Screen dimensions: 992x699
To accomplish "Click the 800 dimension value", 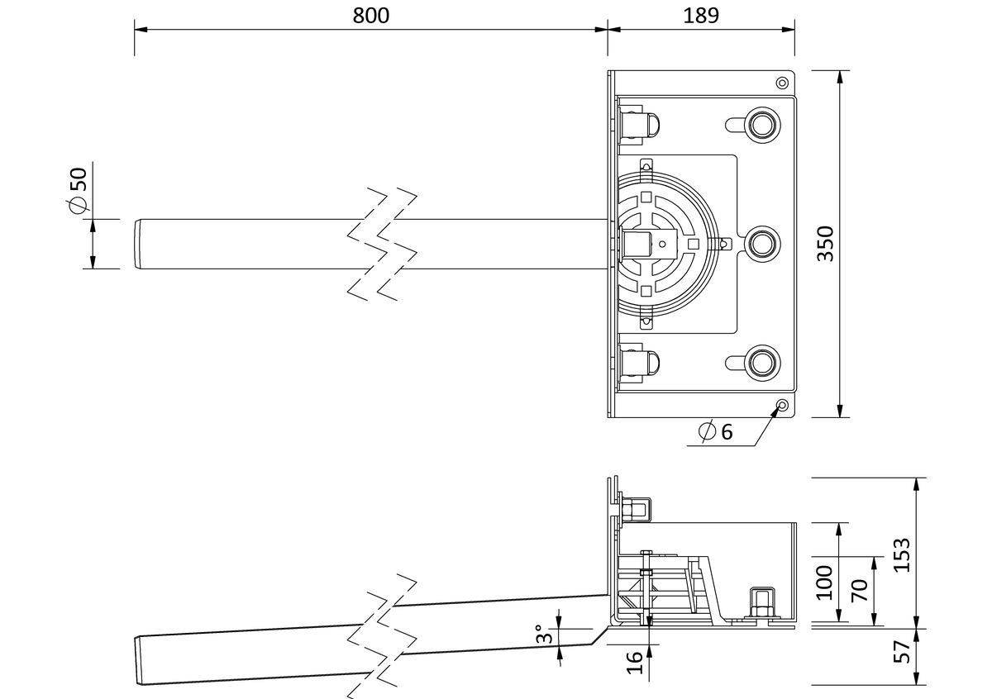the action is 370,16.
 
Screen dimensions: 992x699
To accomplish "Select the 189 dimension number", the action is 701,16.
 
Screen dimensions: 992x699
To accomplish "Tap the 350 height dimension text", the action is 826,244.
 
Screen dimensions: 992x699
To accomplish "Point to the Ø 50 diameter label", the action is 79,190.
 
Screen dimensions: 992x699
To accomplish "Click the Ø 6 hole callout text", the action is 716,431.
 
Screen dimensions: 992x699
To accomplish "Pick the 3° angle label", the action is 544,634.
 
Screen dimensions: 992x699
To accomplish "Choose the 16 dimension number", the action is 635,663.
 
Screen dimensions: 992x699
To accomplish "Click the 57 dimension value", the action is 902,652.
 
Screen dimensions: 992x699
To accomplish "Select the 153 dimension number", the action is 902,555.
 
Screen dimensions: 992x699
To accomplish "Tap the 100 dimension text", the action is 825,582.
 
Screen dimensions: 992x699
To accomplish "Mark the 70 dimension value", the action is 860,591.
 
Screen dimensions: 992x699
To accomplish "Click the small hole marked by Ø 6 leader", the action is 783,405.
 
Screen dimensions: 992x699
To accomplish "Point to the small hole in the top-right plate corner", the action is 783,83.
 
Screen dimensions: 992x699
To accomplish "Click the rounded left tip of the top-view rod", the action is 136,244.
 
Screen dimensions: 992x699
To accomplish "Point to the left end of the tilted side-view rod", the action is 136,661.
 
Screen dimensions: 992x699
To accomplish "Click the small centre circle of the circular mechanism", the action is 662,244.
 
